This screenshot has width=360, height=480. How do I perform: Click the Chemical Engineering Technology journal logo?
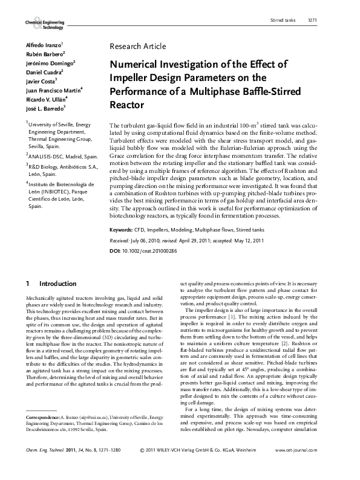44,24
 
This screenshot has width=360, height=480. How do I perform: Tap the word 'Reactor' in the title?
127,105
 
